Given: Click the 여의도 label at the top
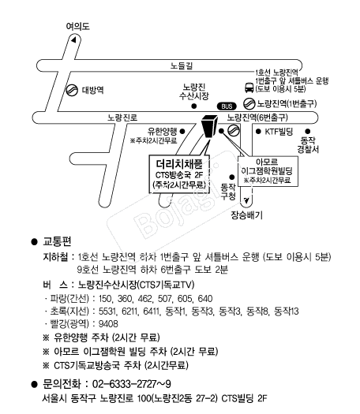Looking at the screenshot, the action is (x=77, y=26).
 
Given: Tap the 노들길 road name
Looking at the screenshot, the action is (x=182, y=65).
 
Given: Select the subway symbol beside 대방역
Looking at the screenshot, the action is (x=72, y=90).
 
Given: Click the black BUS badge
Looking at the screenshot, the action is (x=227, y=106).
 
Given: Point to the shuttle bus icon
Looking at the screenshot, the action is (x=249, y=88).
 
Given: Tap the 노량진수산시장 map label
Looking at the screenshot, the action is (x=194, y=91).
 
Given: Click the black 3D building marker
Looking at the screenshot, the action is (x=209, y=126).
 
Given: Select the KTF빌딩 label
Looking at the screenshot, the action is (x=279, y=132).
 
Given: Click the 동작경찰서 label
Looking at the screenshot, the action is (x=308, y=144).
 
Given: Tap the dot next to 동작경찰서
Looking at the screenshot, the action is (x=308, y=131).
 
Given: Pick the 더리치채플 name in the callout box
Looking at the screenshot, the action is (x=179, y=164).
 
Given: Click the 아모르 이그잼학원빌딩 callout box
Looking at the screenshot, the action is (x=268, y=171).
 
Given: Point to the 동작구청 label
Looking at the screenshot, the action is (x=228, y=192).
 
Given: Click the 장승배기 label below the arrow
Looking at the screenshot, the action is (x=246, y=215).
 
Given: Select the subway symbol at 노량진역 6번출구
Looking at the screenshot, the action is (x=234, y=130).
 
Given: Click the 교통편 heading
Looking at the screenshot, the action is (x=57, y=241).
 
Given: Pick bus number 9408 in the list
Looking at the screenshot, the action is (x=108, y=323).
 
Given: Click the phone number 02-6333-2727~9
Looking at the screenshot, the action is (x=132, y=384).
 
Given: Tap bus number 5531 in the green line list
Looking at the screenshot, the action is (x=107, y=311).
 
